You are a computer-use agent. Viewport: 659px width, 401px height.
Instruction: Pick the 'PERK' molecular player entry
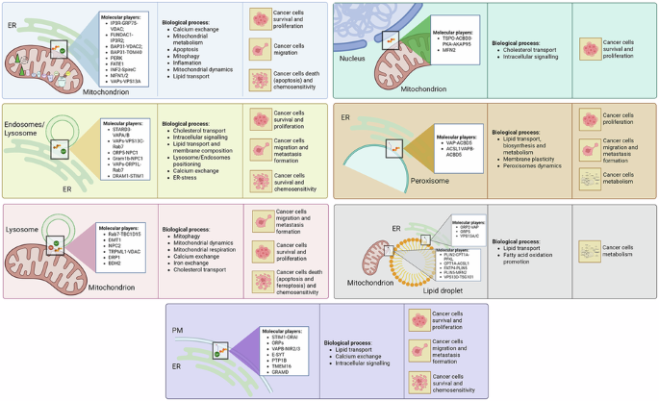pos(114,58)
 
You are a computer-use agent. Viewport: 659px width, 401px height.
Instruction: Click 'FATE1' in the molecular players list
pos(115,64)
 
